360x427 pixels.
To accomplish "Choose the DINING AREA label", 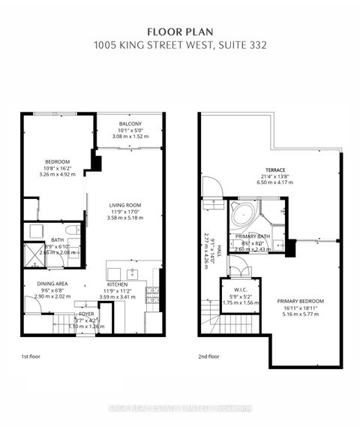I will point(52,284).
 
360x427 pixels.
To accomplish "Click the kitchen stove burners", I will point(152,293).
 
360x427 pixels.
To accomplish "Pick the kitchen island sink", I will point(131,273).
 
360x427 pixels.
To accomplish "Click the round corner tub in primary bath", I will point(241,215).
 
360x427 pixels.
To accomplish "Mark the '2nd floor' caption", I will point(209,358).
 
